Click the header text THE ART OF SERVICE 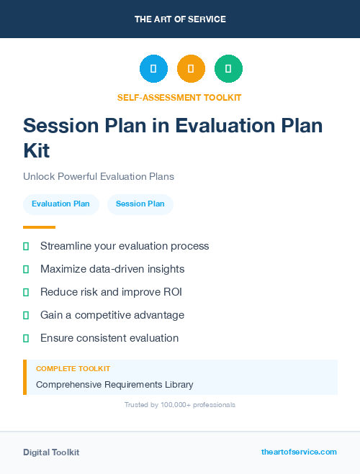180,19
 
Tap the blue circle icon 153,68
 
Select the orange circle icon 191,68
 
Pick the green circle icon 228,68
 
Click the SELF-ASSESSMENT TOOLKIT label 179,97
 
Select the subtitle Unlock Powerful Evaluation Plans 98,176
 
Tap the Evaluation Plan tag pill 60,204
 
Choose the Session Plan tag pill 140,204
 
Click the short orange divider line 39,227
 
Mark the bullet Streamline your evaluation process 125,246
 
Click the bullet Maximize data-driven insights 112,269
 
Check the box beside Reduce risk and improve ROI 26,292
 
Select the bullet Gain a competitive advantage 112,315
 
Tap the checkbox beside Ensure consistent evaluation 26,338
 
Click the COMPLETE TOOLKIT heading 73,368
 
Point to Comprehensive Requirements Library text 114,385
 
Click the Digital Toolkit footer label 51,452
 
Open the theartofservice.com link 299,452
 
